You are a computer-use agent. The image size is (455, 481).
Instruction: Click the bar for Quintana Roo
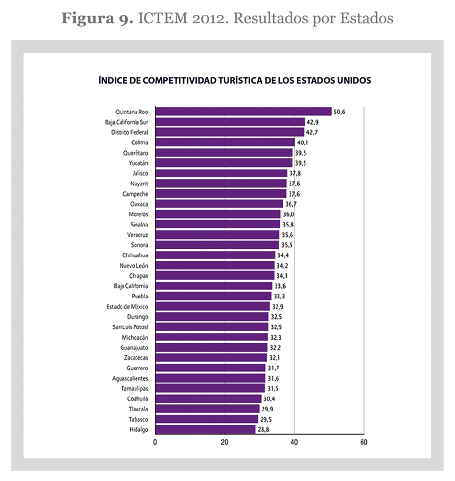click(x=243, y=112)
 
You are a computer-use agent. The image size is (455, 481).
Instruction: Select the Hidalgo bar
click(x=205, y=429)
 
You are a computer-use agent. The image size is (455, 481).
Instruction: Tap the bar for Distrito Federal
click(x=229, y=132)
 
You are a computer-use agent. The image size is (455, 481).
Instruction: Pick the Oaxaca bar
click(x=218, y=204)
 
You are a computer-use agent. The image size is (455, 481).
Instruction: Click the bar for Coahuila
click(x=208, y=398)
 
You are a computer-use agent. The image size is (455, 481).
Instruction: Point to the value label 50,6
click(x=340, y=112)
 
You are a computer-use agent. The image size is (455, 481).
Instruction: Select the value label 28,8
click(x=264, y=429)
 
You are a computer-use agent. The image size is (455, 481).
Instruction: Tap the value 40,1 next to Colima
click(x=303, y=142)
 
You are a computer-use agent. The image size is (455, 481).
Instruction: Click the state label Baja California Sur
click(x=126, y=122)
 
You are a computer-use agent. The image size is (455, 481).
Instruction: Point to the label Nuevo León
click(x=134, y=265)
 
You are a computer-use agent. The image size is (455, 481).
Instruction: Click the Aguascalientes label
click(x=130, y=378)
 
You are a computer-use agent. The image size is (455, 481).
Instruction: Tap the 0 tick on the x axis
click(x=155, y=442)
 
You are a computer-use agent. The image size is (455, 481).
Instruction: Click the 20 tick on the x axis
click(x=225, y=442)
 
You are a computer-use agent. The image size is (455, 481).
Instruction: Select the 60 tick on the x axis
click(x=363, y=442)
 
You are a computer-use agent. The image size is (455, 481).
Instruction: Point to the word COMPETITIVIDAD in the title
click(x=175, y=80)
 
